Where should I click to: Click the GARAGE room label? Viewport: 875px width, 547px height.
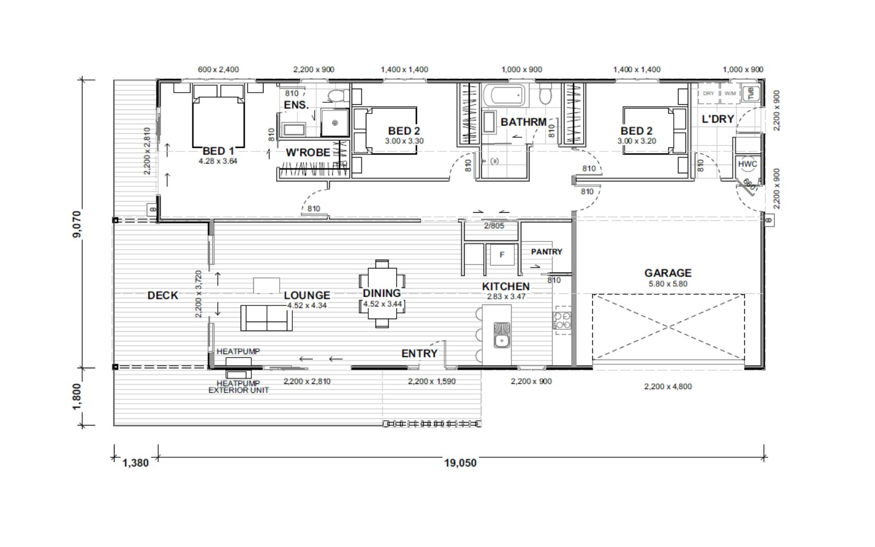[x=668, y=273]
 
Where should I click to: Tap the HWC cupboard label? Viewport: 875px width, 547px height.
[x=747, y=164]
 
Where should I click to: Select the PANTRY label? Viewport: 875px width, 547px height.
[x=546, y=252]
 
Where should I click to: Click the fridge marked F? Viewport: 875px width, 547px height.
[x=502, y=255]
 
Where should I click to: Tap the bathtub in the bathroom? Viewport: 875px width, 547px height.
[x=504, y=95]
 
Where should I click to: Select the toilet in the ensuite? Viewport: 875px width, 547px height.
[x=335, y=95]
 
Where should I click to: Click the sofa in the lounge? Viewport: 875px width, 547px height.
[x=266, y=318]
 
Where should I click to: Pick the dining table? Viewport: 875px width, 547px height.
[x=382, y=294]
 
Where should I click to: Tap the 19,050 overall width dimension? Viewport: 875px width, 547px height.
[x=460, y=463]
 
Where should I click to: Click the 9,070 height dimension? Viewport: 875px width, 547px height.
[x=77, y=224]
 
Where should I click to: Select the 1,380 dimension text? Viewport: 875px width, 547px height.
[x=135, y=463]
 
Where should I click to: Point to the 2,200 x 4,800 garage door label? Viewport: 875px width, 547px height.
[x=668, y=386]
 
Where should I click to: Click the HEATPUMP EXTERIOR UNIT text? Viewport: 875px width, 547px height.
[x=238, y=387]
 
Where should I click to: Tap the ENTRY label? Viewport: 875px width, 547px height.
[x=419, y=354]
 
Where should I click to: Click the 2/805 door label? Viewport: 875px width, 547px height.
[x=493, y=226]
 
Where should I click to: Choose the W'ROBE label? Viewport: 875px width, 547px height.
[x=308, y=152]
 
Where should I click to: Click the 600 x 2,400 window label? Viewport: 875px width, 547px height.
[x=218, y=69]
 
